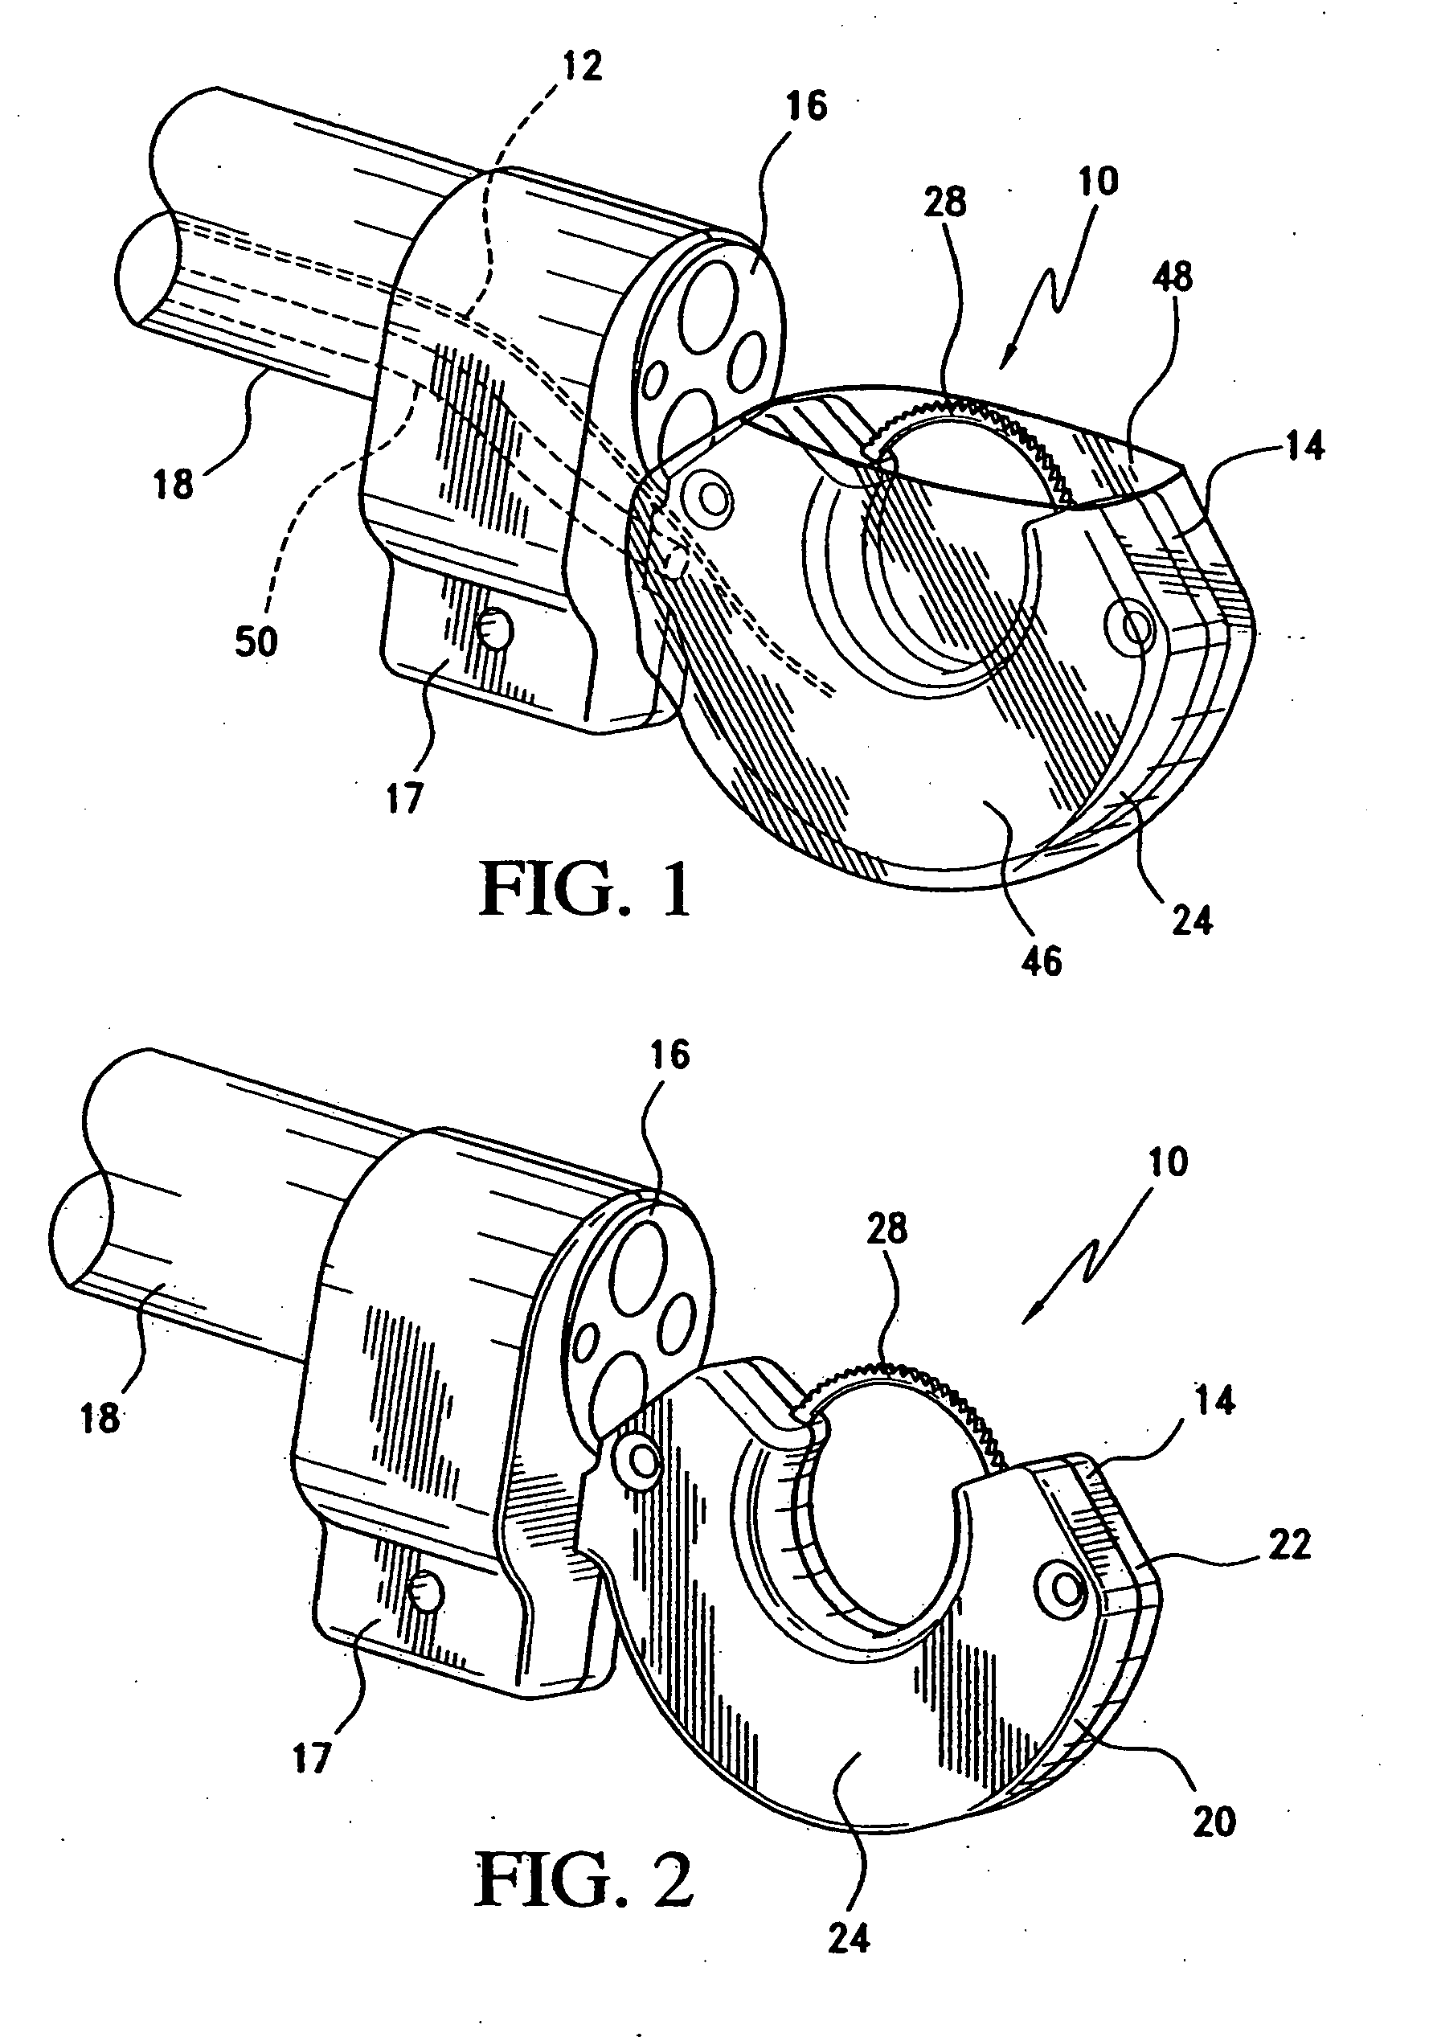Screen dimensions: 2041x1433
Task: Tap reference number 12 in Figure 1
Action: (x=582, y=67)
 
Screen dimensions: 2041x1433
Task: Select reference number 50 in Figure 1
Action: (x=257, y=641)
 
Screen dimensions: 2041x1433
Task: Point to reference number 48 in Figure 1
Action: (x=1173, y=277)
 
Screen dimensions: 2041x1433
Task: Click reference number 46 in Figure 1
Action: (x=1042, y=961)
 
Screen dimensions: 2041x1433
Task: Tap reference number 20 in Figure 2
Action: (x=1214, y=1822)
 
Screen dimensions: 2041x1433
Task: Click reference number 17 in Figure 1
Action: (x=403, y=799)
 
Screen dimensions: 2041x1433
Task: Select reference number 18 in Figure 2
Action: (x=100, y=1418)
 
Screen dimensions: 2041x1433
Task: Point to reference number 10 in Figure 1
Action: (x=1098, y=182)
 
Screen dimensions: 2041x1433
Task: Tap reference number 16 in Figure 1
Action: (x=807, y=106)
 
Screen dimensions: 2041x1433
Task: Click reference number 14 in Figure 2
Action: (x=1216, y=1402)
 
